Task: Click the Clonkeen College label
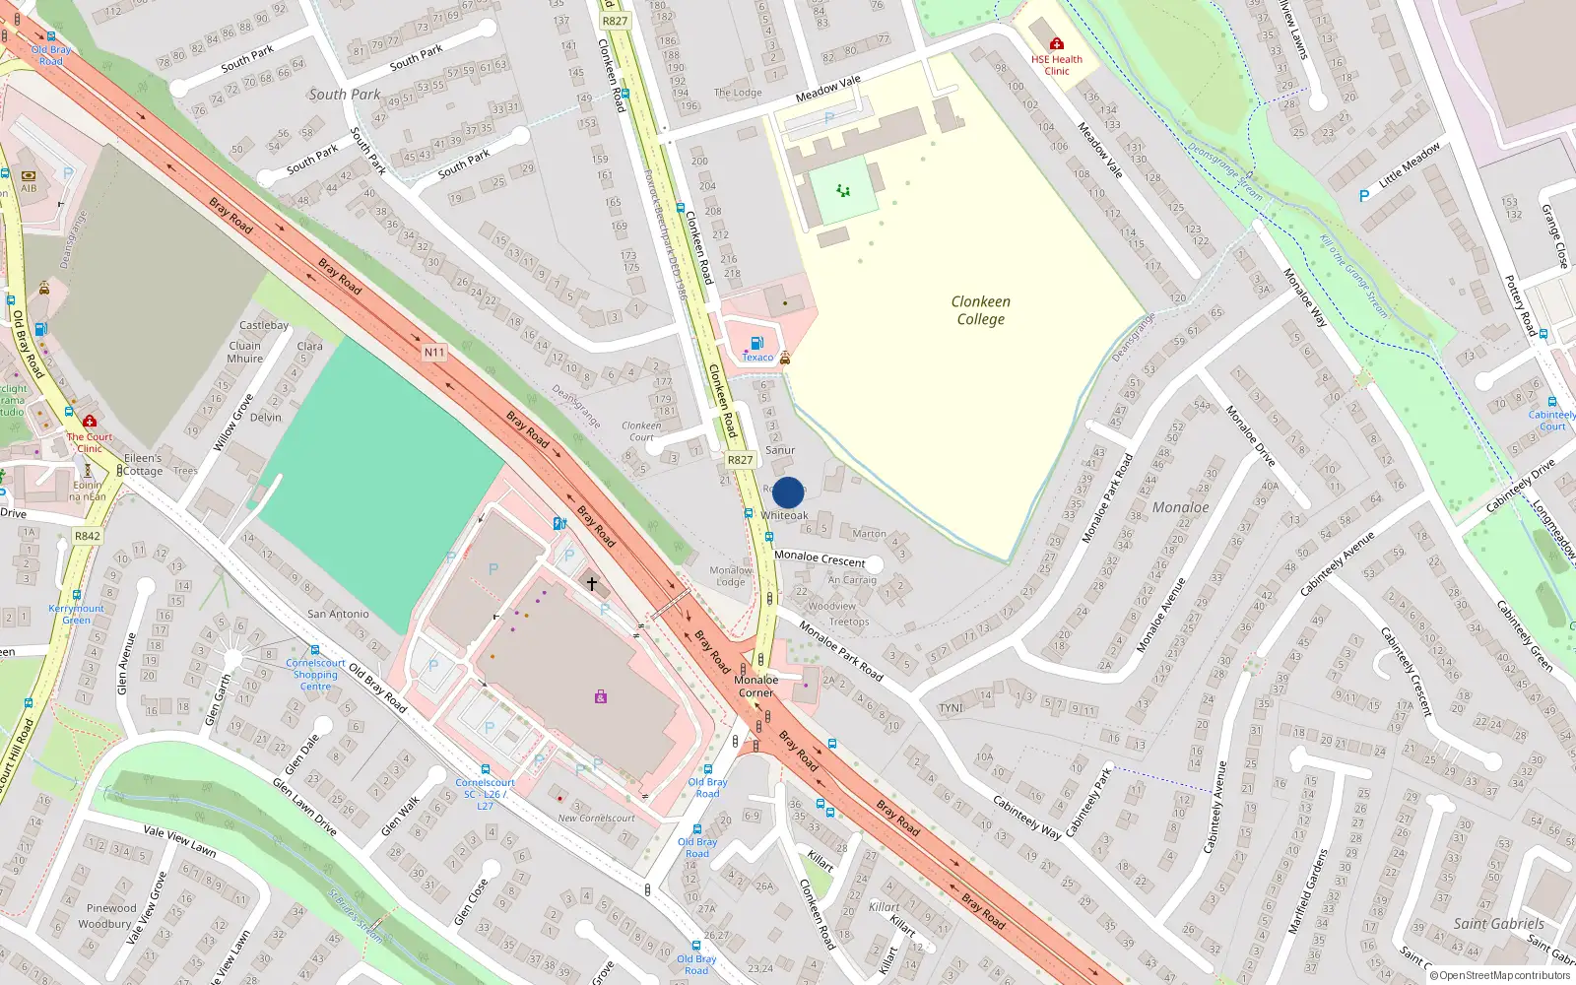pos(980,310)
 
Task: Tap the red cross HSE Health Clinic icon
pos(1056,43)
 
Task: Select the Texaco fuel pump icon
pos(756,343)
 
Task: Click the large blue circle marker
pos(788,492)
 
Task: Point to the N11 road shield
pos(434,352)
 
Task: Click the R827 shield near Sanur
pos(740,460)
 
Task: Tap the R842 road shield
pos(87,536)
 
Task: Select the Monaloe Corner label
pos(756,687)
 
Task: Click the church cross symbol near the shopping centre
pos(592,584)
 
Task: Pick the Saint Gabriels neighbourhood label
pos(1498,924)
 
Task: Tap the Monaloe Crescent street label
pos(820,558)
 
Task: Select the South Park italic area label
pos(344,95)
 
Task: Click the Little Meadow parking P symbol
pos(1364,196)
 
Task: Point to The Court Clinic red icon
pos(90,422)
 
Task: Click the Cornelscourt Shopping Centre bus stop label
pos(315,675)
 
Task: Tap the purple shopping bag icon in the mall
pos(600,696)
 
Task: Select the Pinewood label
pos(111,908)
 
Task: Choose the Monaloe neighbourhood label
pos(1180,507)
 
